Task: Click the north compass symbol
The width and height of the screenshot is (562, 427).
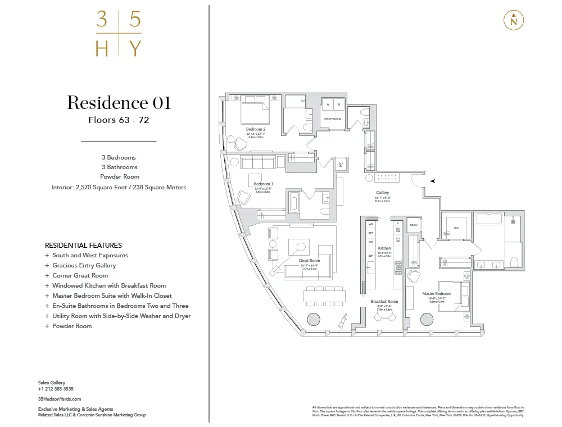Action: coord(514,20)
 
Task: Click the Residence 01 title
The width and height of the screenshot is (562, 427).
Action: coord(119,103)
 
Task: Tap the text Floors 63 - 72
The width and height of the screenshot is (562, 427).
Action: coord(119,120)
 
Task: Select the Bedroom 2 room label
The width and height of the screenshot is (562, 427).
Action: coord(256,129)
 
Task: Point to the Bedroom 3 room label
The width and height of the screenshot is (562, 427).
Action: coord(263,184)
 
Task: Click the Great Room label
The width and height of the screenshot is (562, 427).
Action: coord(310,261)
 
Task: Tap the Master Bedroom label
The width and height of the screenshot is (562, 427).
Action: coord(437,294)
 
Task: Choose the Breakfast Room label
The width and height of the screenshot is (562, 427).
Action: coord(384,302)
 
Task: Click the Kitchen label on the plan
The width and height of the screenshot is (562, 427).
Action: coord(384,248)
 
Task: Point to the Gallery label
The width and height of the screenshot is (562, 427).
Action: coord(383,193)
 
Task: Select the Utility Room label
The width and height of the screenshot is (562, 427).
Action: coord(332,119)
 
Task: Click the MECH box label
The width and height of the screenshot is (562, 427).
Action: coord(413,225)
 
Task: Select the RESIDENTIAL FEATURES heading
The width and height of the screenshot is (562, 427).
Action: coord(83,246)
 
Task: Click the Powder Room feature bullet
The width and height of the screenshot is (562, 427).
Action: coord(72,326)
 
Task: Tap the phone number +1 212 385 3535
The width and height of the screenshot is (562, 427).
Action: coord(56,389)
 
